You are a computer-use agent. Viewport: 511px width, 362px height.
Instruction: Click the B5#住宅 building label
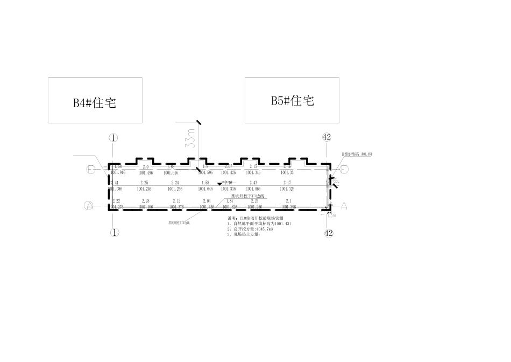coord(292,100)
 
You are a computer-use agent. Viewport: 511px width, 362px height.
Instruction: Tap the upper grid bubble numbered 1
coord(113,138)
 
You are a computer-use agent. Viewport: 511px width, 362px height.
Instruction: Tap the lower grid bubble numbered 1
coord(113,233)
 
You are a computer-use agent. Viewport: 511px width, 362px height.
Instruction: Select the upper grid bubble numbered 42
coord(327,137)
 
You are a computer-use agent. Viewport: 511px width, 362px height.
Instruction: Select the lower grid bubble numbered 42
coord(329,233)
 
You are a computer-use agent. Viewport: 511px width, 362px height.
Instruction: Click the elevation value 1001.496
coord(145,173)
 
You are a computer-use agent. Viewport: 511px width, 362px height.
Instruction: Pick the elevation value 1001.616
coord(171,173)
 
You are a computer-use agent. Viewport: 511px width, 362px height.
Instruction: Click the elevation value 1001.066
coord(254,190)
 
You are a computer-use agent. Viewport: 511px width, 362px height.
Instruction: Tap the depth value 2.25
coord(144,184)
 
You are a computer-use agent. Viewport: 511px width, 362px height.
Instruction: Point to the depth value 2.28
coord(145,201)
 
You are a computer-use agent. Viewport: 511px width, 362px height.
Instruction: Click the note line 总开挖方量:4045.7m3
coord(251,229)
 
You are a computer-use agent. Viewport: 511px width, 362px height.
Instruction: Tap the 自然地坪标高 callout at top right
coord(357,154)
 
